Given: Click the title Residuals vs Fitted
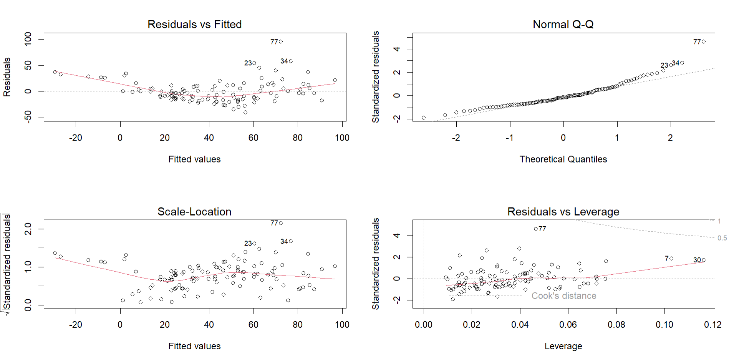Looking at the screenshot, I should click(194, 25).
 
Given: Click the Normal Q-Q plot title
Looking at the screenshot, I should click(563, 25).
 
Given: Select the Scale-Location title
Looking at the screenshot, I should click(194, 212).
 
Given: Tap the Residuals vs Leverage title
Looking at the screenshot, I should click(563, 212).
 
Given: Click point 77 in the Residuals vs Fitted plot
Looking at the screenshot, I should click(281, 41).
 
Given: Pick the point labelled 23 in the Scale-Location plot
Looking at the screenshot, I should click(254, 243).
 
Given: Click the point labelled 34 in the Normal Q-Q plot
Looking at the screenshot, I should click(682, 63).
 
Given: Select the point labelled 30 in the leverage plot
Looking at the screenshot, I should click(704, 260).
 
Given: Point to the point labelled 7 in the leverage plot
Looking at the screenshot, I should click(671, 259).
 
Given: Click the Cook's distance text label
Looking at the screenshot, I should click(564, 296).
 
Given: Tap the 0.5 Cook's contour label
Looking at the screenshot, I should click(722, 238).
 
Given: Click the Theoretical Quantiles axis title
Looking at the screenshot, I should click(563, 159).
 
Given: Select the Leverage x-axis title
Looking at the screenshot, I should click(563, 346).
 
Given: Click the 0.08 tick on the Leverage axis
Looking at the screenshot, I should click(616, 325).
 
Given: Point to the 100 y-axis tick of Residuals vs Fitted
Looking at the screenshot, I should click(28, 39).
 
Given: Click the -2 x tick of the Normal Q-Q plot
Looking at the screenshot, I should click(456, 138).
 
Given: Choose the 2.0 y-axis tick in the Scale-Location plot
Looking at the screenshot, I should click(28, 229).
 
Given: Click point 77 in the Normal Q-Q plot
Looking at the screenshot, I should click(704, 41).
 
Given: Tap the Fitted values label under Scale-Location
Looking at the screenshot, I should click(194, 346).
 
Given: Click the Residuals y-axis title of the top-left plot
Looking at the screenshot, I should click(7, 77).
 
